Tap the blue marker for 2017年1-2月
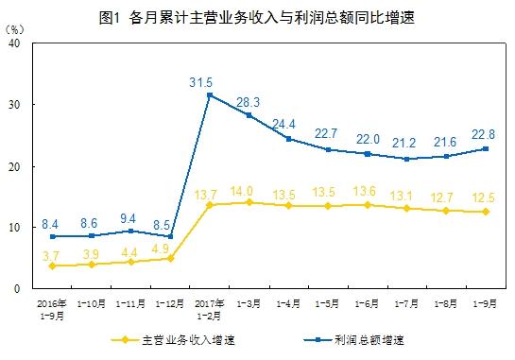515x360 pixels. coord(210,94)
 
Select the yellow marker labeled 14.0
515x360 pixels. coord(249,202)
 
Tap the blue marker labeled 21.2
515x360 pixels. coord(405,159)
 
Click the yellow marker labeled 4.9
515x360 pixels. coord(170,258)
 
